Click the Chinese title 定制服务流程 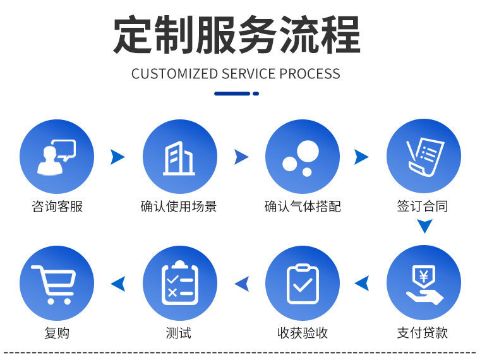pos(236,35)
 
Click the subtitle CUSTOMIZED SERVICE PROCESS pos(236,74)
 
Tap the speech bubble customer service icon pos(57,156)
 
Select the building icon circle pos(179,156)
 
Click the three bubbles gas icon pos(302,156)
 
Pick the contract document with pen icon pos(424,156)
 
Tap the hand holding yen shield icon pos(424,282)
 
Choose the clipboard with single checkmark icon pos(302,282)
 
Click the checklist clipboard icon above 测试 pos(179,282)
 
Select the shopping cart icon pos(57,282)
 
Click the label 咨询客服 pos(57,207)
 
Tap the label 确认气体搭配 pos(302,207)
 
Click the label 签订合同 pos(423,207)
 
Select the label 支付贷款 pos(423,333)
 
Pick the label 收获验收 pos(303,333)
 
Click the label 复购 pos(57,333)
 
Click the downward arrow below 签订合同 pos(424,226)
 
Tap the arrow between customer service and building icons pos(117,157)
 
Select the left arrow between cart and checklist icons pos(118,284)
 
